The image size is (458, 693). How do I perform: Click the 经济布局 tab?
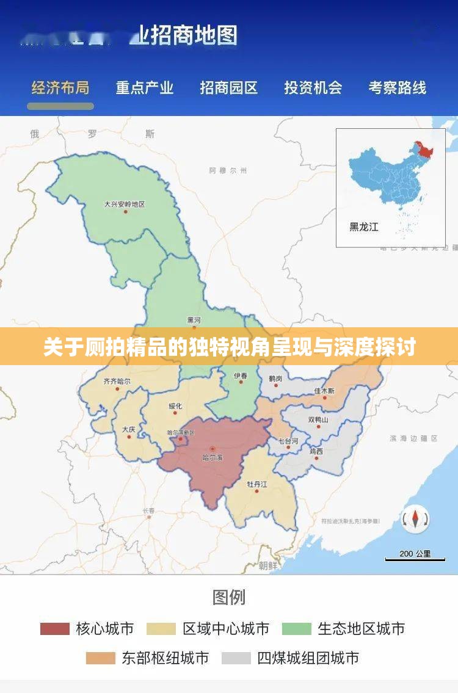pyautogui.click(x=60, y=88)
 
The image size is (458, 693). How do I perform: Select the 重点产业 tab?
pyautogui.click(x=145, y=88)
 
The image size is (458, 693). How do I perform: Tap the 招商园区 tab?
pyautogui.click(x=229, y=88)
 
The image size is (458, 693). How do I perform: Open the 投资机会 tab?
pyautogui.click(x=313, y=88)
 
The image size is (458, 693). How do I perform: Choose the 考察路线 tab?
pyautogui.click(x=397, y=88)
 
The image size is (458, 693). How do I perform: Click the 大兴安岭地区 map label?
pyautogui.click(x=125, y=204)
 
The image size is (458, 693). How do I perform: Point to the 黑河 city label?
pyautogui.click(x=194, y=320)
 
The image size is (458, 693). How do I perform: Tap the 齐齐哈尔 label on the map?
pyautogui.click(x=117, y=381)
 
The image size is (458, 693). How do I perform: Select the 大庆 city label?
pyautogui.click(x=128, y=429)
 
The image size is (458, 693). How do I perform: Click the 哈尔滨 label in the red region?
pyautogui.click(x=213, y=457)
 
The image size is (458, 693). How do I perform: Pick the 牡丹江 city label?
pyautogui.click(x=256, y=484)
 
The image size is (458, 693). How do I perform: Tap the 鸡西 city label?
pyautogui.click(x=316, y=451)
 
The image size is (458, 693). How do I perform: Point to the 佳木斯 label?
pyautogui.click(x=324, y=390)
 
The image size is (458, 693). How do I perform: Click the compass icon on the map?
pyautogui.click(x=415, y=520)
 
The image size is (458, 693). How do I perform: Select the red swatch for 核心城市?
pyautogui.click(x=55, y=628)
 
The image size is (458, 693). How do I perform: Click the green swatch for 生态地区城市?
pyautogui.click(x=296, y=628)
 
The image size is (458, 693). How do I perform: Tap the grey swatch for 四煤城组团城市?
pyautogui.click(x=236, y=658)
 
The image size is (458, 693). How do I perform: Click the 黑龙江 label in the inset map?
pyautogui.click(x=364, y=227)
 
